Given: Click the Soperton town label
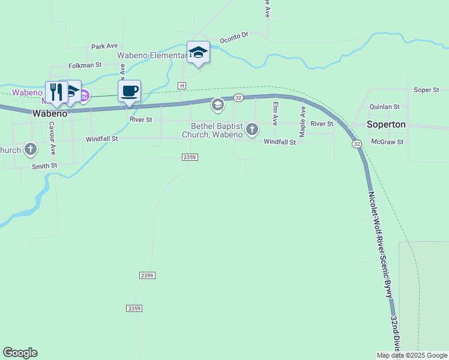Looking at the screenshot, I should [387, 125].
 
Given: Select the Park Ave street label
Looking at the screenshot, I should [104, 46].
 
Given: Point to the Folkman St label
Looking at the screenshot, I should [85, 65].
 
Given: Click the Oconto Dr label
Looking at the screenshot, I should [234, 37].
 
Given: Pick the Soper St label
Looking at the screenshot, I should [427, 90].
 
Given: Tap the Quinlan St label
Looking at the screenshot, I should [385, 107].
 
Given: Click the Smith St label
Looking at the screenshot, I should [45, 165].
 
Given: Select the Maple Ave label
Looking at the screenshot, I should [303, 121].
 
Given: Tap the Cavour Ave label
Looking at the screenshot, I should [52, 138].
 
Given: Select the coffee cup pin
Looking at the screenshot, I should [129, 91].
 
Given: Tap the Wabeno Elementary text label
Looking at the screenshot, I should [151, 55].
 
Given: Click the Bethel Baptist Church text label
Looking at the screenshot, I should [216, 130].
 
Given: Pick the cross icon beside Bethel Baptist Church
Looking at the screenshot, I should [252, 128].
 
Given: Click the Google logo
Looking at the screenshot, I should [20, 353].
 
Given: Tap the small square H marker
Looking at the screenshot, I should [181, 86].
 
